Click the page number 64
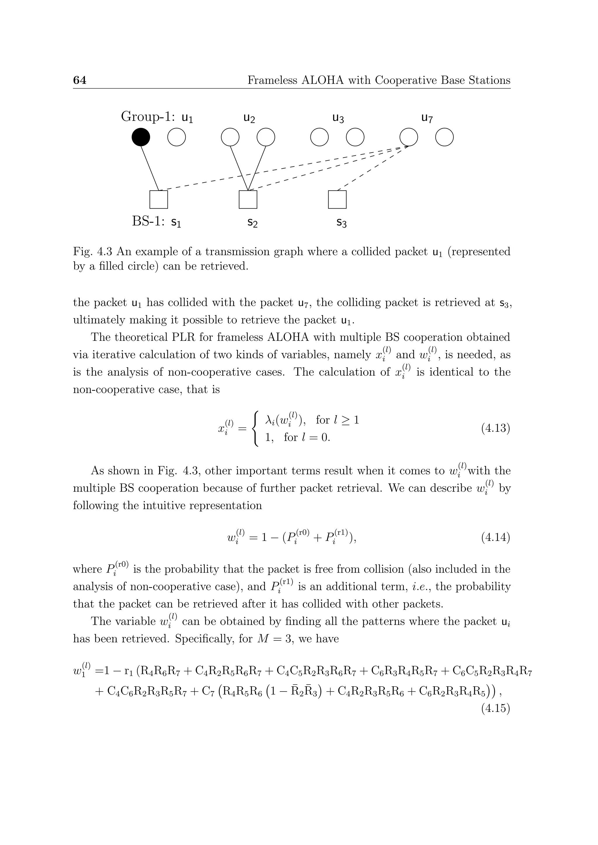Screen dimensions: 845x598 (79, 80)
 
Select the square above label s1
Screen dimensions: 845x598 (159, 200)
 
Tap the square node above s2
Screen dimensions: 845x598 (248, 200)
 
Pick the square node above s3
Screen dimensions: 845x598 (337, 200)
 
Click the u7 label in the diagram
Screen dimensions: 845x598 (427, 118)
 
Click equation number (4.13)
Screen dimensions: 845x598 (495, 428)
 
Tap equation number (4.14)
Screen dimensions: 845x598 (495, 538)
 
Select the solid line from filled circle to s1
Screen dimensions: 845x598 (150, 168)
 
